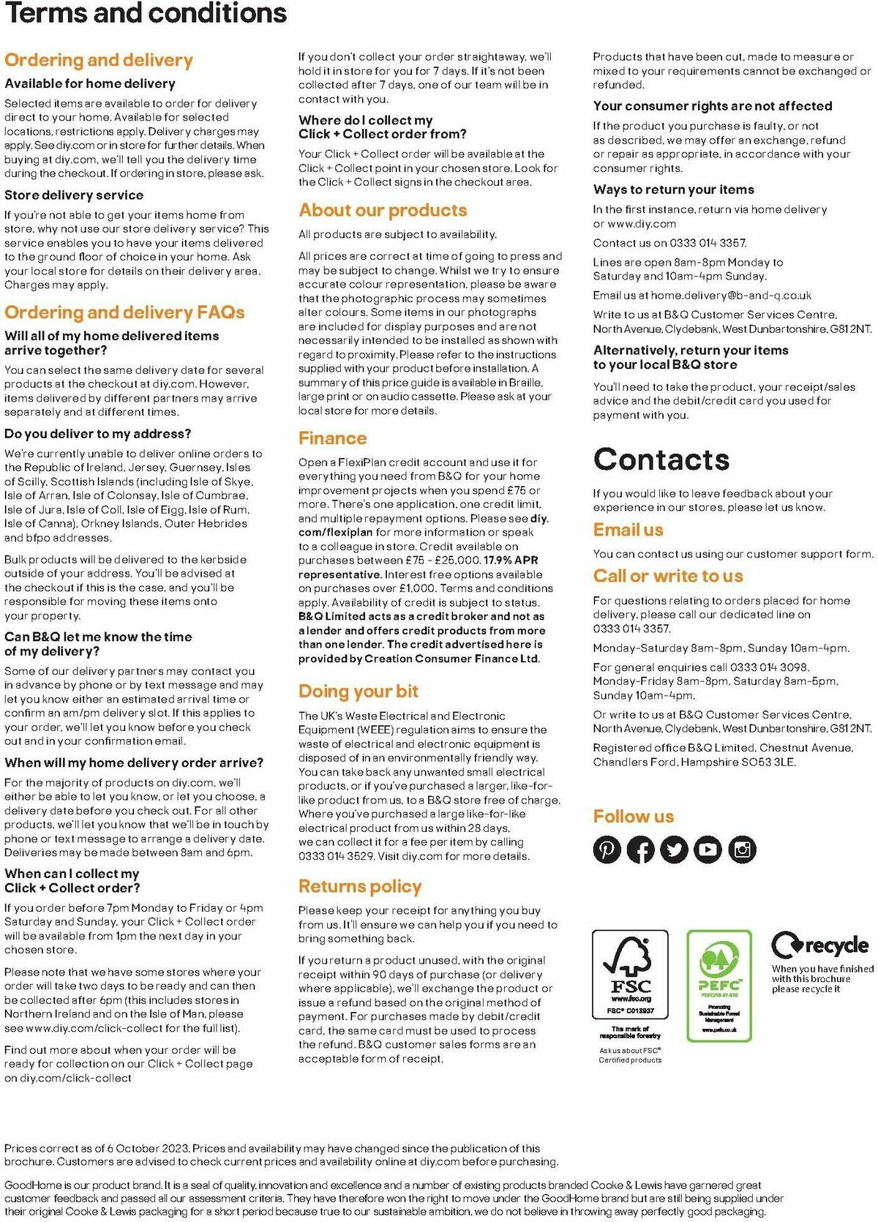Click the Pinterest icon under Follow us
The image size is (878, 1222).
coord(607,850)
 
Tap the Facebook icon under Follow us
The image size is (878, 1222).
coord(641,850)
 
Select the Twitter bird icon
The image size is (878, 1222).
coord(675,850)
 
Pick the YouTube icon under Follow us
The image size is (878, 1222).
coord(708,850)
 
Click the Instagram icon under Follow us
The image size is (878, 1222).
coord(743,850)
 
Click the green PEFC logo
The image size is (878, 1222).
coord(719,985)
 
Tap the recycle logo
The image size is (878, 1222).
coord(821,945)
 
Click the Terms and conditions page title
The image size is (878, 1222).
coord(146,13)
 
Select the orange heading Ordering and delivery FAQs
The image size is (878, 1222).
coord(124,312)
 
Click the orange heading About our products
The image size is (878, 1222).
coord(383,211)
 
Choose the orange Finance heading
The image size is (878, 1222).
coord(332,438)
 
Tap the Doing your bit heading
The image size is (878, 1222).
coord(358,691)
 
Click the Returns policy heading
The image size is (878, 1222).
coord(360,887)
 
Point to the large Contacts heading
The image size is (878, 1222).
coord(661,460)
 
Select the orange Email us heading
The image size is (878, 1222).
coord(628,530)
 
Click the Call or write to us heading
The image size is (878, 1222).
coord(668,577)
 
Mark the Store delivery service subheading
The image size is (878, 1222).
coord(74,195)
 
